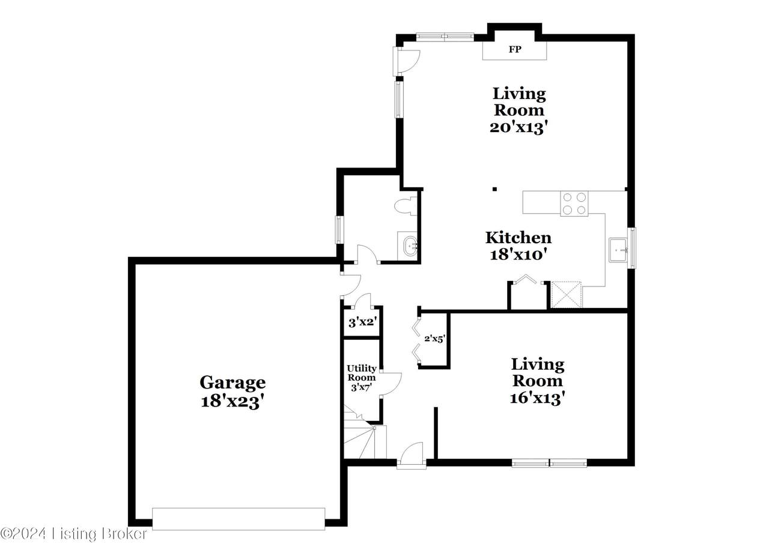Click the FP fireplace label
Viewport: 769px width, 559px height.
(515, 49)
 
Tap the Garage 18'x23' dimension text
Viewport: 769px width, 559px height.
(233, 402)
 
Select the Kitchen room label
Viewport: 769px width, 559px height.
(518, 237)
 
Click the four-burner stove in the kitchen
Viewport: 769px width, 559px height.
(574, 204)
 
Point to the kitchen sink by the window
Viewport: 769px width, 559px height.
(619, 250)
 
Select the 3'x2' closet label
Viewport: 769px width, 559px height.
(363, 322)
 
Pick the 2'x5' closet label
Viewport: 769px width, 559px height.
(435, 339)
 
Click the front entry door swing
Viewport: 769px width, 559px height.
(412, 455)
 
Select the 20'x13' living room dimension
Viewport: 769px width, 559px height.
(518, 128)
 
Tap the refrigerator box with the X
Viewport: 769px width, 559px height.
(567, 294)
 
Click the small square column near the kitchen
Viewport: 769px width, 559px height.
(494, 189)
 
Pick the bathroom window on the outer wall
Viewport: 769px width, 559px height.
(339, 230)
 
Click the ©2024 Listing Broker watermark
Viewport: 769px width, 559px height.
(74, 534)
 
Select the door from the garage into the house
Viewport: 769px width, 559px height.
(350, 285)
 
